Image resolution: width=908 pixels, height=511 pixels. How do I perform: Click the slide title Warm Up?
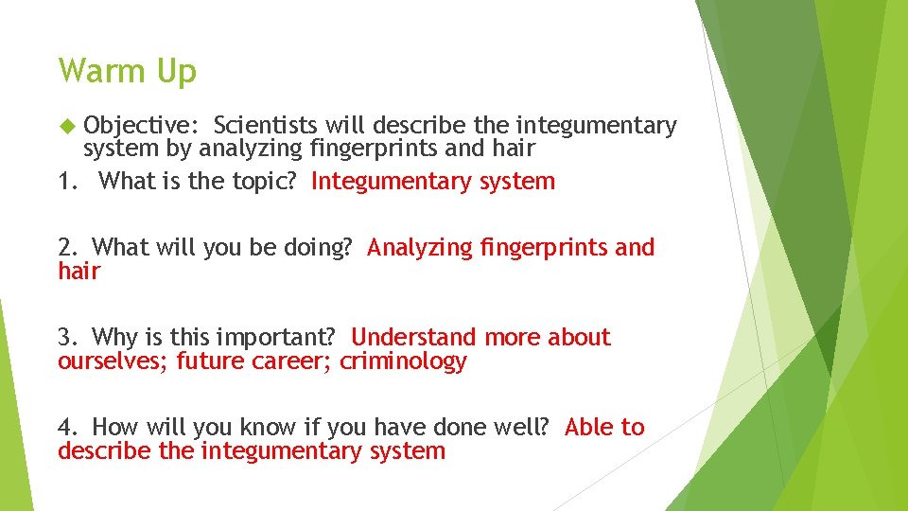coord(127,71)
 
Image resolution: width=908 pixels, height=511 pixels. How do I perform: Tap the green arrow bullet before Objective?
coord(65,125)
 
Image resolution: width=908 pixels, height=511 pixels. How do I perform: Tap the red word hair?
coord(79,272)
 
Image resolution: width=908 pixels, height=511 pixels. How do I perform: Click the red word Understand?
coord(413,338)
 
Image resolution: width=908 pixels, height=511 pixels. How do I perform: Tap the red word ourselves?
coord(113,361)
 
